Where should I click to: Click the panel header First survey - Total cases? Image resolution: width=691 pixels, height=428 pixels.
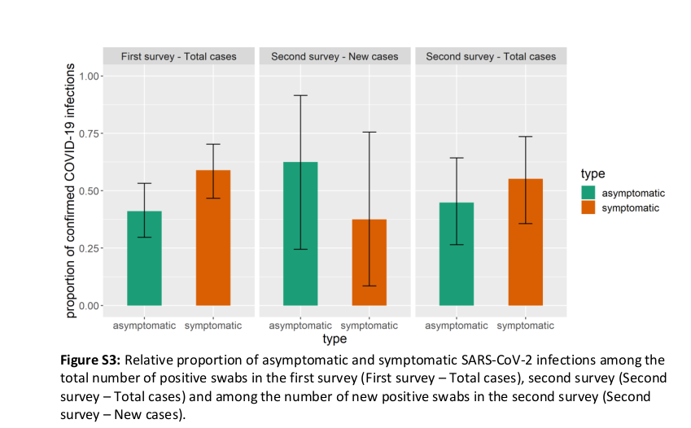click(x=179, y=57)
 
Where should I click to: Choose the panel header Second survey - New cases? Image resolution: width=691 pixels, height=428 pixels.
click(x=335, y=57)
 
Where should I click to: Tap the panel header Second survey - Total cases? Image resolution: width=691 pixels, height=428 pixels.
click(x=491, y=57)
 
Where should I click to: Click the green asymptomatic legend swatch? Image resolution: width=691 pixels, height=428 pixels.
click(x=588, y=193)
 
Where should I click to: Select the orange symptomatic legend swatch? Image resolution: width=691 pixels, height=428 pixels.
click(x=588, y=208)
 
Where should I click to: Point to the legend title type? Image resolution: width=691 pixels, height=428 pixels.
click(x=592, y=174)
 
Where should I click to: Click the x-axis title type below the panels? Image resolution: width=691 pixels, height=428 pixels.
click(x=335, y=338)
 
